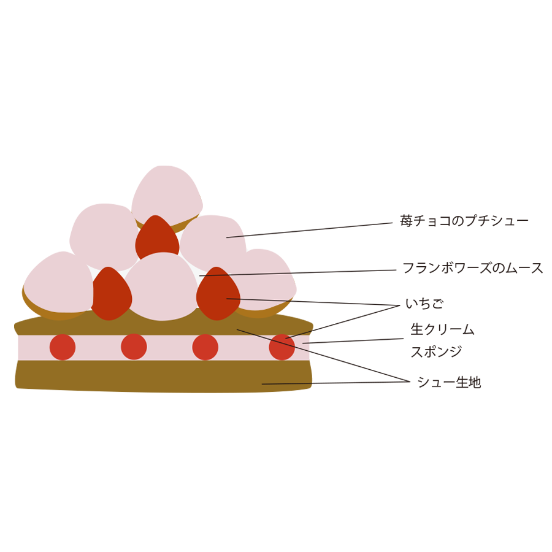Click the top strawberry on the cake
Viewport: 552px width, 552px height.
click(x=157, y=239)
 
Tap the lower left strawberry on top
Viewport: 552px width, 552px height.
click(x=111, y=294)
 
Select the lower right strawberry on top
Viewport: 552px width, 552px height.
click(x=218, y=294)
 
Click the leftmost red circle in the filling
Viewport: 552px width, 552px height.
click(x=63, y=347)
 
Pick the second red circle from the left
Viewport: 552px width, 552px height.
click(x=134, y=347)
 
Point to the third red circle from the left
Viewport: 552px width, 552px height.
click(x=205, y=347)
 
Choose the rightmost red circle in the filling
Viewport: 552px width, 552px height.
click(x=282, y=347)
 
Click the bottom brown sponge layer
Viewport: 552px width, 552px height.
click(x=153, y=377)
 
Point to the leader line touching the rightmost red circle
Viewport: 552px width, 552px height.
click(x=299, y=334)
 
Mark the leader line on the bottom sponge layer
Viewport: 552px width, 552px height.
click(x=287, y=384)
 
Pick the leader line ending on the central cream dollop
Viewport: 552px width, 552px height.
click(x=245, y=274)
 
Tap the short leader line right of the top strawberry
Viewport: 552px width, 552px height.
click(x=235, y=237)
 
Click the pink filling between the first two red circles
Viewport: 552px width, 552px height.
click(x=98, y=347)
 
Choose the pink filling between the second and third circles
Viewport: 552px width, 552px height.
click(x=169, y=347)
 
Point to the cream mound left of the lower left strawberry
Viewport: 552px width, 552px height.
click(x=58, y=294)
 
